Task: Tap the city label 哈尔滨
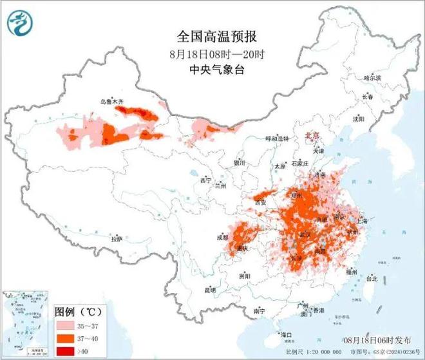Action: point(372,77)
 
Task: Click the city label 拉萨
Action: point(116,239)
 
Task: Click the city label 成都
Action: point(222,237)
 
